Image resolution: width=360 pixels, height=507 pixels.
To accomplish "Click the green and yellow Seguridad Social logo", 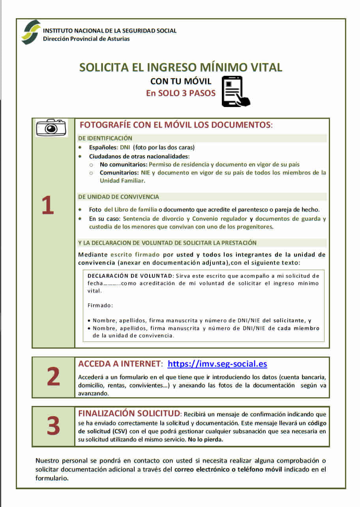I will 31,32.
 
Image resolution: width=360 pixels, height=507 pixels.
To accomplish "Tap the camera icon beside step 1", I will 51,128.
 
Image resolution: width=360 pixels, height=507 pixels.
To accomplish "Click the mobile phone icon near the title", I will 236,91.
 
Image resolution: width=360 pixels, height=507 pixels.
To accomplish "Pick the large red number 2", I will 53,377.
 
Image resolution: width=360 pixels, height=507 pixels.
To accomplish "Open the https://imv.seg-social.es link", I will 217,364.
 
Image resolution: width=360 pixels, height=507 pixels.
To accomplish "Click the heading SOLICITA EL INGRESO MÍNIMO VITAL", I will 181,68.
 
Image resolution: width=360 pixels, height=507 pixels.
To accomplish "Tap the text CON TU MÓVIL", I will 181,81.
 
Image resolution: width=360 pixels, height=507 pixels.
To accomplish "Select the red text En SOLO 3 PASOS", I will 181,94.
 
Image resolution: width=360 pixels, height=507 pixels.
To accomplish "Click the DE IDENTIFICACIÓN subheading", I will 105,138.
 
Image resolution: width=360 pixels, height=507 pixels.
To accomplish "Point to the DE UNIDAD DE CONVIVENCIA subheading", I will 118,197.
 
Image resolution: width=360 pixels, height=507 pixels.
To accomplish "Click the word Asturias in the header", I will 117,39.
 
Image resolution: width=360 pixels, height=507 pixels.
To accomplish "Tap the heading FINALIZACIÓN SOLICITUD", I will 129,413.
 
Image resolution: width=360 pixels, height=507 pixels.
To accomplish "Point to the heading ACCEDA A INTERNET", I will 120,364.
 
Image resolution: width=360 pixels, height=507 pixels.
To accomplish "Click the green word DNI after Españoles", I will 125,147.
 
